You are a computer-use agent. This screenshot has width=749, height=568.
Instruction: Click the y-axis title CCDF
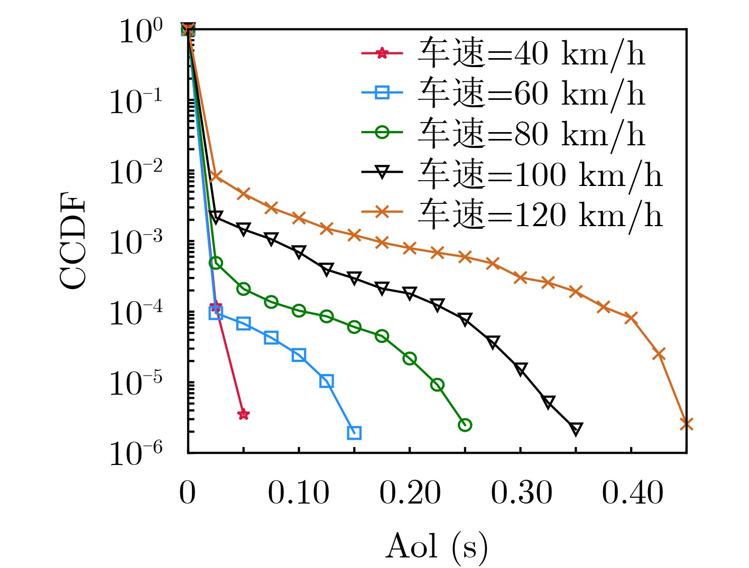pyautogui.click(x=72, y=242)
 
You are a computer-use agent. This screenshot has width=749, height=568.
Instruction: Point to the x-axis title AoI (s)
pyautogui.click(x=437, y=546)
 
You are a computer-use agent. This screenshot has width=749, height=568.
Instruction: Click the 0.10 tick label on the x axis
pyautogui.click(x=299, y=493)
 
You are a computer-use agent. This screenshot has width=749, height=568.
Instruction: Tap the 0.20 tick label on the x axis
pyautogui.click(x=410, y=493)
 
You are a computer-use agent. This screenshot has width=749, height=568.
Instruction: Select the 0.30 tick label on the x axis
pyautogui.click(x=521, y=493)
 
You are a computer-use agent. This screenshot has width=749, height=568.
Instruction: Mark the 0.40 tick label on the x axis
pyautogui.click(x=632, y=493)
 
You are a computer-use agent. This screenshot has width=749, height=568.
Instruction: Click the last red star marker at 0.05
pyautogui.click(x=243, y=414)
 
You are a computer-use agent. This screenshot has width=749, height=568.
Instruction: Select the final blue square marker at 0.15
pyautogui.click(x=354, y=433)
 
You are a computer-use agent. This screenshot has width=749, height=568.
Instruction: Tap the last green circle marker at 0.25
pyautogui.click(x=465, y=425)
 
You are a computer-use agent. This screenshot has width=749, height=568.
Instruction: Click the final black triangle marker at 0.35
pyautogui.click(x=576, y=429)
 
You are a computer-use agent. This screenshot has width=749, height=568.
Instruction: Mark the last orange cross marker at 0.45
pyautogui.click(x=686, y=424)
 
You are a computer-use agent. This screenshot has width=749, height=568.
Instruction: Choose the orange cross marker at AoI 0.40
pyautogui.click(x=631, y=318)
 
